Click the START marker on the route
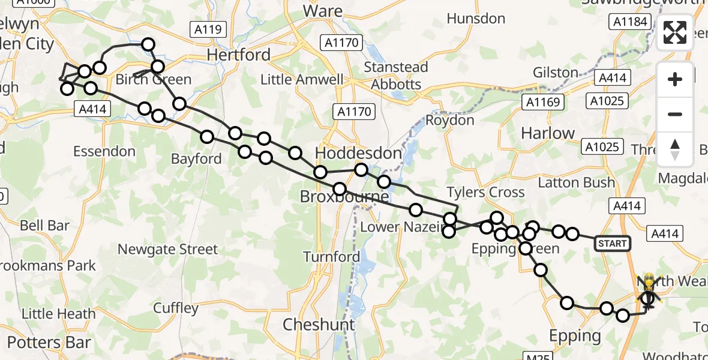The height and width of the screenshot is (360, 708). click(612, 243)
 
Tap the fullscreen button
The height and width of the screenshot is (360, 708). click(675, 32)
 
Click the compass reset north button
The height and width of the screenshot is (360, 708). click(675, 149)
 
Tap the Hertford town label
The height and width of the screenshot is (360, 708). click(238, 55)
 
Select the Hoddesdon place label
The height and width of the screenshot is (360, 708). click(358, 154)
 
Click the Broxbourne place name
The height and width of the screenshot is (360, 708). click(344, 197)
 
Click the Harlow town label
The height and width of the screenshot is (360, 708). click(548, 133)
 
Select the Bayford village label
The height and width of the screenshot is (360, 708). click(196, 159)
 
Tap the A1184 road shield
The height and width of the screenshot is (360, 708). click(629, 22)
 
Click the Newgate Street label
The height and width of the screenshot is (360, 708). click(167, 248)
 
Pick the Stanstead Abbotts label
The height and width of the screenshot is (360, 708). click(396, 76)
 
